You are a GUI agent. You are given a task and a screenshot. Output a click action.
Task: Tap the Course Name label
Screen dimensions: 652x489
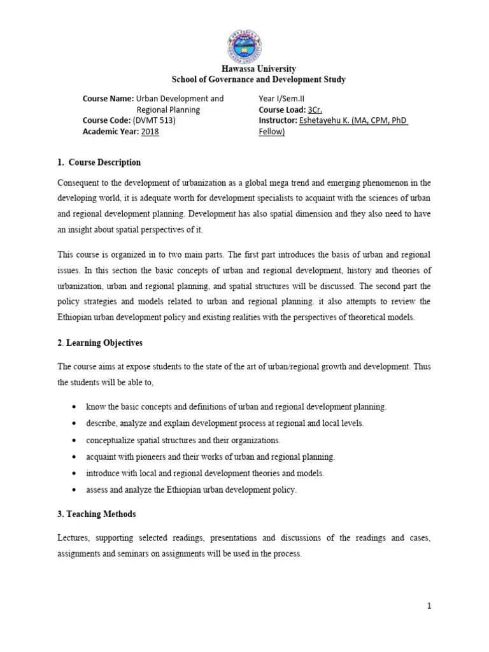tap(108, 99)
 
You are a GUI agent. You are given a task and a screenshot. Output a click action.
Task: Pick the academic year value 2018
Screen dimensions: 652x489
tap(150, 131)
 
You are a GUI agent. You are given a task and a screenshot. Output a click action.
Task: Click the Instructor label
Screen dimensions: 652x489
tap(278, 120)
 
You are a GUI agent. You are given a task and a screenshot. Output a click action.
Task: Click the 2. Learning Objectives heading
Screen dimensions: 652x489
tap(100, 343)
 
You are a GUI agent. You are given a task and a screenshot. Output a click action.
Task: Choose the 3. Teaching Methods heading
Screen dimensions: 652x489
tap(97, 514)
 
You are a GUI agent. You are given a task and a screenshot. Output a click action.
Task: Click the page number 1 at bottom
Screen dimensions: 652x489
tap(430, 606)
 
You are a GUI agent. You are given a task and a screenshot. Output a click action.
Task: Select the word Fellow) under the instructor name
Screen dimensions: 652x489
tap(272, 131)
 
